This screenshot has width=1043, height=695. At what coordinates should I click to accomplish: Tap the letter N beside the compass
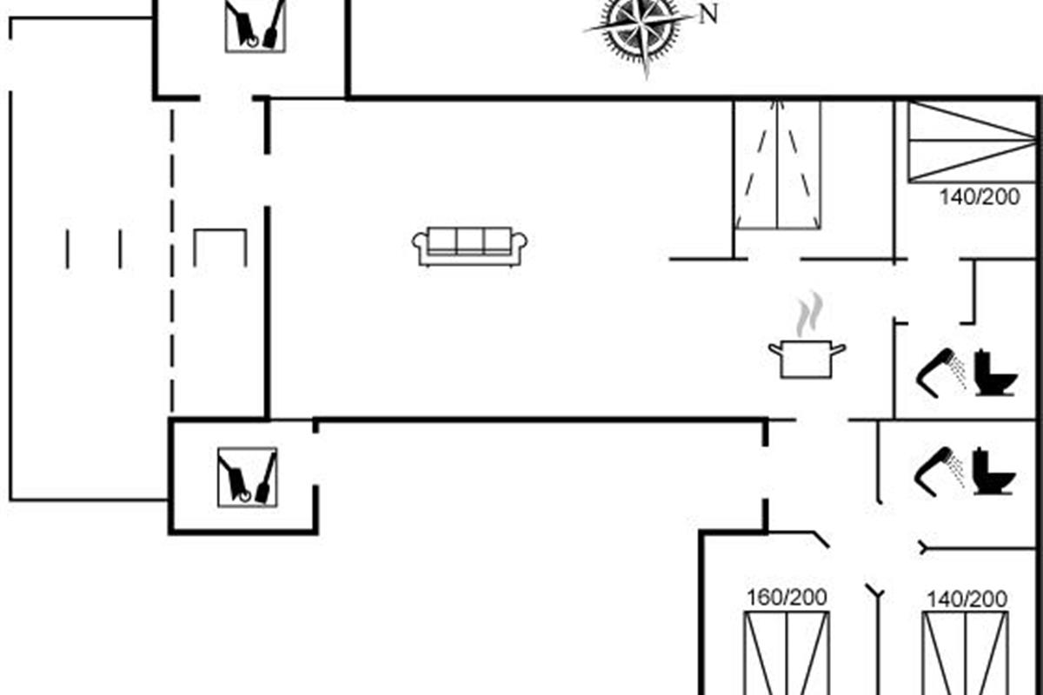708,14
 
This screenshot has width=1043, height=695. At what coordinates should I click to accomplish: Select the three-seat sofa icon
471,246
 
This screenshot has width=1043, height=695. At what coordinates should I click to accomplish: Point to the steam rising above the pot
809,314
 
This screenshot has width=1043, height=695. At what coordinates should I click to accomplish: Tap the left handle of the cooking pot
775,348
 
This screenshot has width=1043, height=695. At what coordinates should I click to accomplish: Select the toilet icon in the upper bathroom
994,373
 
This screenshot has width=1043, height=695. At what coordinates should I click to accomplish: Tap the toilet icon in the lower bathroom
994,472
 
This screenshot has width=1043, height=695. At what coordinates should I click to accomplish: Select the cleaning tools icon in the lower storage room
247,476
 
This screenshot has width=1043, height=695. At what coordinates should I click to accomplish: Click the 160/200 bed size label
787,598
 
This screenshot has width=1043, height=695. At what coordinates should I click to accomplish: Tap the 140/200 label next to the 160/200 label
967,599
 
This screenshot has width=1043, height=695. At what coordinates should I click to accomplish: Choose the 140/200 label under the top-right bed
979,197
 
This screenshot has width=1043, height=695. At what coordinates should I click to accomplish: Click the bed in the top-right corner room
972,142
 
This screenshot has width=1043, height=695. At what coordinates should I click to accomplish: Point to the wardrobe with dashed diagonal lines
778,165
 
